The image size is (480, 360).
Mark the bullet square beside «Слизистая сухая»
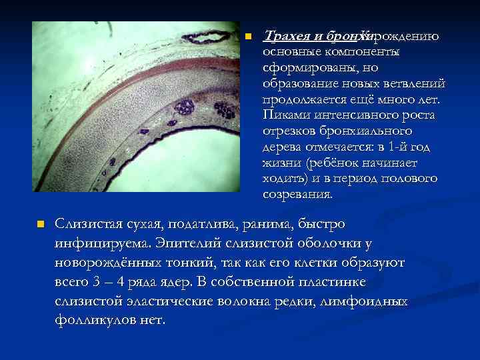point(39,224)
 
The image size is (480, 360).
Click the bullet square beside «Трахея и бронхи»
point(249,36)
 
